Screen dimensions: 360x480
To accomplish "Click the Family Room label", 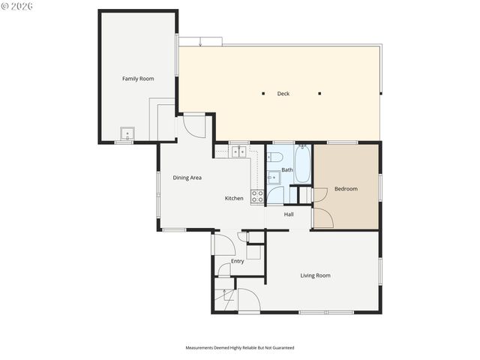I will coord(138,79).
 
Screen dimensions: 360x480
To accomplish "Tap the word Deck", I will coord(283,94).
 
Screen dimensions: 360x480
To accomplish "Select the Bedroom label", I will coord(346,189).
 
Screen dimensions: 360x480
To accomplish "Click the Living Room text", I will coord(315,275).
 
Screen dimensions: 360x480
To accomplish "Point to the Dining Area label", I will coord(187,178).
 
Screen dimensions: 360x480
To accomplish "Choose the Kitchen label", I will coord(234,198).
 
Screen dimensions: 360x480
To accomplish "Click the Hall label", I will coord(289,214).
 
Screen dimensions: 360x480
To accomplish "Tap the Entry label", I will coord(237,261).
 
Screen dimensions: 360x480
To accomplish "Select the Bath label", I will coord(287,169).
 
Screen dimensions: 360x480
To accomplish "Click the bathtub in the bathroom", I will coord(302,164).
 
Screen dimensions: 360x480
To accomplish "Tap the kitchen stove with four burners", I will coord(257,196).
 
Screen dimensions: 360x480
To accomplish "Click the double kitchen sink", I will coord(238,151).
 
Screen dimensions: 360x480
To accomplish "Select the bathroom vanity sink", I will coord(274,178).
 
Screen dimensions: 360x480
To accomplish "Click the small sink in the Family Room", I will coord(127,135).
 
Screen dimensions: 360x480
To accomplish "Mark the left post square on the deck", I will coord(263,94).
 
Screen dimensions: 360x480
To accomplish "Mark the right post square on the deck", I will coord(319,94).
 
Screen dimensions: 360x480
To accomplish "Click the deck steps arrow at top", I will coord(200,42).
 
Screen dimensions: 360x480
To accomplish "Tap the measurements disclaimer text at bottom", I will coord(240,348).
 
